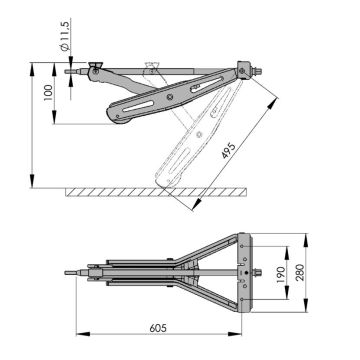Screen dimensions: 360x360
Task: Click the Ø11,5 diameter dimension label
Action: click(65, 37)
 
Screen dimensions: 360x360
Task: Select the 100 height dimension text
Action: click(48, 93)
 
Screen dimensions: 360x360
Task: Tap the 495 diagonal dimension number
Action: click(228, 152)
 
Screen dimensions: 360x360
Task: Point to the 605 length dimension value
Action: click(158, 328)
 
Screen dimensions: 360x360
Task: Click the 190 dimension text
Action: click(281, 275)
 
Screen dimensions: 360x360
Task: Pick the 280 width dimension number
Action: click(300, 272)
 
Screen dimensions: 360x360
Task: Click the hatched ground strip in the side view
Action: click(156, 192)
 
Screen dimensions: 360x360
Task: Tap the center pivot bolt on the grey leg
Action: click(171, 96)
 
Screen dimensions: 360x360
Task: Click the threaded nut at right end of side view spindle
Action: click(257, 71)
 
